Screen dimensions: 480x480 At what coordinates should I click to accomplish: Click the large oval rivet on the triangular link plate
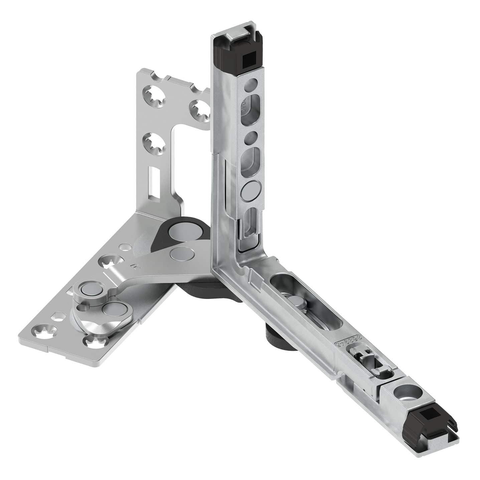113,309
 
